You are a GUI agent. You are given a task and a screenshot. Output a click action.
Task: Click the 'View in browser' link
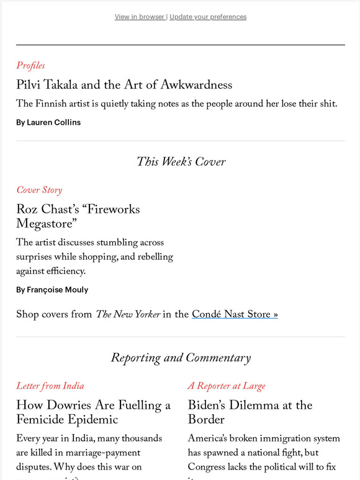[139, 17]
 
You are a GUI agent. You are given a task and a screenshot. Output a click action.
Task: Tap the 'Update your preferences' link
[208, 17]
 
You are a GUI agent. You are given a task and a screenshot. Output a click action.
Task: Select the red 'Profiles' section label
[30, 65]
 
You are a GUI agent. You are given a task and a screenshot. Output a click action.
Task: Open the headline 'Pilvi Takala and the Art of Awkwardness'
[124, 84]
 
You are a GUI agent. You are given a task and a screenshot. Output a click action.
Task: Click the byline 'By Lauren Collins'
[48, 122]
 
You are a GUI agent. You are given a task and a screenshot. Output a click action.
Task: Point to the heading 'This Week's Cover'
[181, 162]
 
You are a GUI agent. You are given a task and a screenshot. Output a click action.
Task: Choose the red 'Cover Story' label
[39, 190]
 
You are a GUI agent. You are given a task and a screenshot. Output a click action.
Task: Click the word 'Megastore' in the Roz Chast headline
[46, 223]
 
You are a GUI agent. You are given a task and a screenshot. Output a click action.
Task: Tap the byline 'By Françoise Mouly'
[52, 290]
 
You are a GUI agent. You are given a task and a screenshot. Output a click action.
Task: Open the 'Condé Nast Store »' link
[235, 314]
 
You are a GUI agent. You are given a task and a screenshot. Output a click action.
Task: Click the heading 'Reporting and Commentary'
[181, 358]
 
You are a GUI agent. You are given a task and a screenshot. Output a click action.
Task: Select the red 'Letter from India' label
[50, 386]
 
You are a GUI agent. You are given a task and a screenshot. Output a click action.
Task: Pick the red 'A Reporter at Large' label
[227, 386]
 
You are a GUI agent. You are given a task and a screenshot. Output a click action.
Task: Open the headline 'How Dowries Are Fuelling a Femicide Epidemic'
[93, 412]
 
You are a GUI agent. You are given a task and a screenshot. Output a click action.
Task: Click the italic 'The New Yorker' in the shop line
[127, 314]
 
